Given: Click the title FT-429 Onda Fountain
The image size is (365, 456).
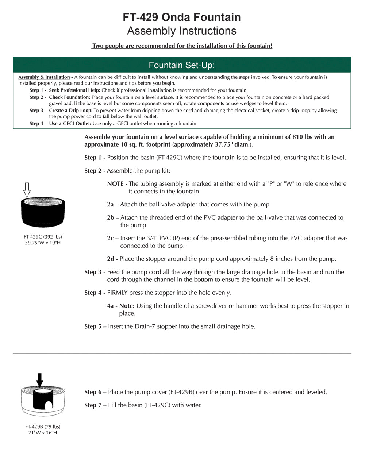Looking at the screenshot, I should (182, 17).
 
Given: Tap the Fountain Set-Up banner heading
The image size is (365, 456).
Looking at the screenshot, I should (182, 65).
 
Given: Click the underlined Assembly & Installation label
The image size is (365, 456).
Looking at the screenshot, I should (44, 77).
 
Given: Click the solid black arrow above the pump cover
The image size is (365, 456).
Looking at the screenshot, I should (40, 379).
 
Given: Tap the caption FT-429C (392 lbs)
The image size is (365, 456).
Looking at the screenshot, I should (43, 237).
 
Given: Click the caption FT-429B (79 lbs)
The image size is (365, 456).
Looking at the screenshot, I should (43, 426).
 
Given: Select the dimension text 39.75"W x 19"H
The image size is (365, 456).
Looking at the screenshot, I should (43, 243).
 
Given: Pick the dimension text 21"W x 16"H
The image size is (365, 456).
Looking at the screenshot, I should (43, 433).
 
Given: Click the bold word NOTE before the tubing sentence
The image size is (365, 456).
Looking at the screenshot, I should (115, 184).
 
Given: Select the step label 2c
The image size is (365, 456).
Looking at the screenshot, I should (110, 238).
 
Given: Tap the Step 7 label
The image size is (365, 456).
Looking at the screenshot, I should (93, 405).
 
